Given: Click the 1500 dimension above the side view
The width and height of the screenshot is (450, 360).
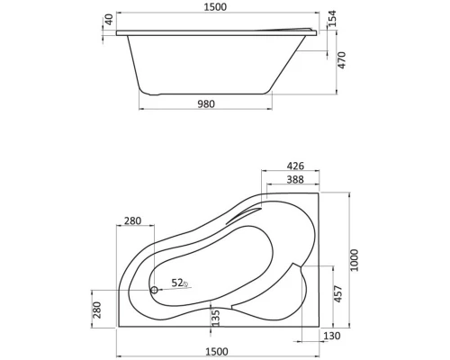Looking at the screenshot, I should click(x=214, y=7).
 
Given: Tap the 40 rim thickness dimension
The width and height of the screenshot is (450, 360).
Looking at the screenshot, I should click(x=109, y=19).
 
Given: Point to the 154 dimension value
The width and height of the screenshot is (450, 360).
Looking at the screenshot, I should click(x=330, y=20).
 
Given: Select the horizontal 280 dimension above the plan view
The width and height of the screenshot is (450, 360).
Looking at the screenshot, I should click(x=134, y=221).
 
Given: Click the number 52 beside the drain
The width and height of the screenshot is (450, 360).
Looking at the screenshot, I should click(x=177, y=283).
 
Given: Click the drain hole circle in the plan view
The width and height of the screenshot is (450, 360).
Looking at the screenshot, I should click(x=154, y=290).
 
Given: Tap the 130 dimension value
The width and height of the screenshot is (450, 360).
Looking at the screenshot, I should click(x=331, y=335).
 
